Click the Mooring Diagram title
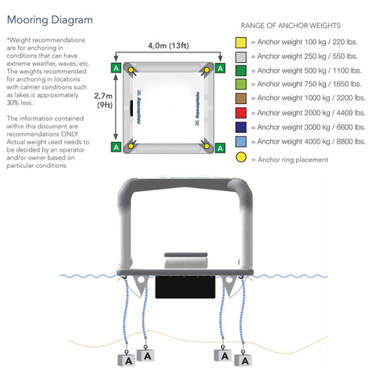pos(50,20)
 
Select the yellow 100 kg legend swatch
pos(241,43)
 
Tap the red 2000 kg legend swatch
pos(241,113)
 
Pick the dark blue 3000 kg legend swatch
pos(241,127)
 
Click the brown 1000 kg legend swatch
pos(241,98)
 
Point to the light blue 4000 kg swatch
pos(241,142)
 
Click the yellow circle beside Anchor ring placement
pos(241,157)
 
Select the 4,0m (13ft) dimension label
pos(169,45)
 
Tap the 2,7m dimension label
pos(103,96)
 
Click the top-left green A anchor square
pos(116,68)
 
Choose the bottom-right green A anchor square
pos(220,148)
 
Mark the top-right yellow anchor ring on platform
pos(206,70)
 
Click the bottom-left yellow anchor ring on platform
pos(131,146)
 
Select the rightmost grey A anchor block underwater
pos(243,360)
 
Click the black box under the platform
pos(185,286)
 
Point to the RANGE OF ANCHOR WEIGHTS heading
pos(290,26)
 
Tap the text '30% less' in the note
pos(19,102)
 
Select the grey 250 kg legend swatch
pos(241,57)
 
